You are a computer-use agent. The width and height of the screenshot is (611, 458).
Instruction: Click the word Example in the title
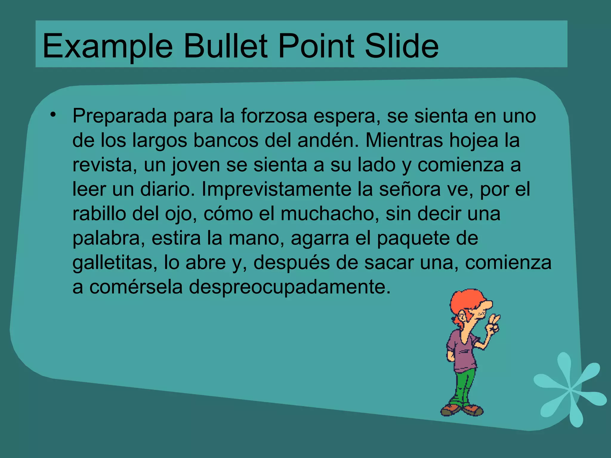[107, 46]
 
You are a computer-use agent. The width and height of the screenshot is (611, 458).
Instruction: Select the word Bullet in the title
[225, 46]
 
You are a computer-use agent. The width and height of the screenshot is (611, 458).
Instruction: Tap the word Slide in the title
[401, 46]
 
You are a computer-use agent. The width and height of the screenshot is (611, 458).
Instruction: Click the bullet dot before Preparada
[53, 115]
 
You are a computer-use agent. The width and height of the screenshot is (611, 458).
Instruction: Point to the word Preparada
[119, 116]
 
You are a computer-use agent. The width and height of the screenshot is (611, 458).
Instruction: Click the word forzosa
[274, 116]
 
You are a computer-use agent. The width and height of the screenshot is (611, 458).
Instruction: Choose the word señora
[409, 189]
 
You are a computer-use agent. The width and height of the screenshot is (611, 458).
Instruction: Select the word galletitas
[115, 263]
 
